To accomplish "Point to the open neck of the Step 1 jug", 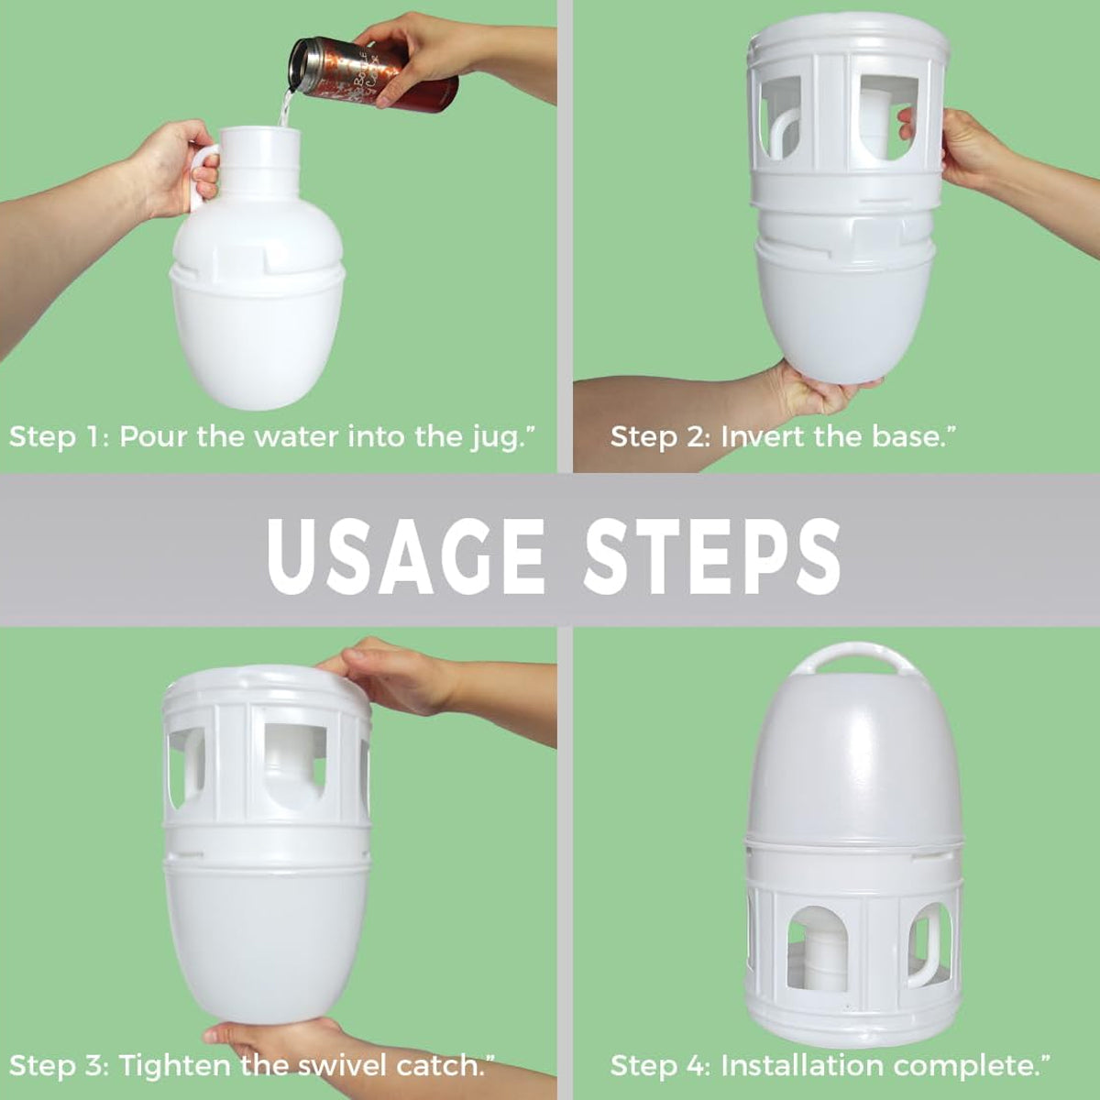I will [260, 135].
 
